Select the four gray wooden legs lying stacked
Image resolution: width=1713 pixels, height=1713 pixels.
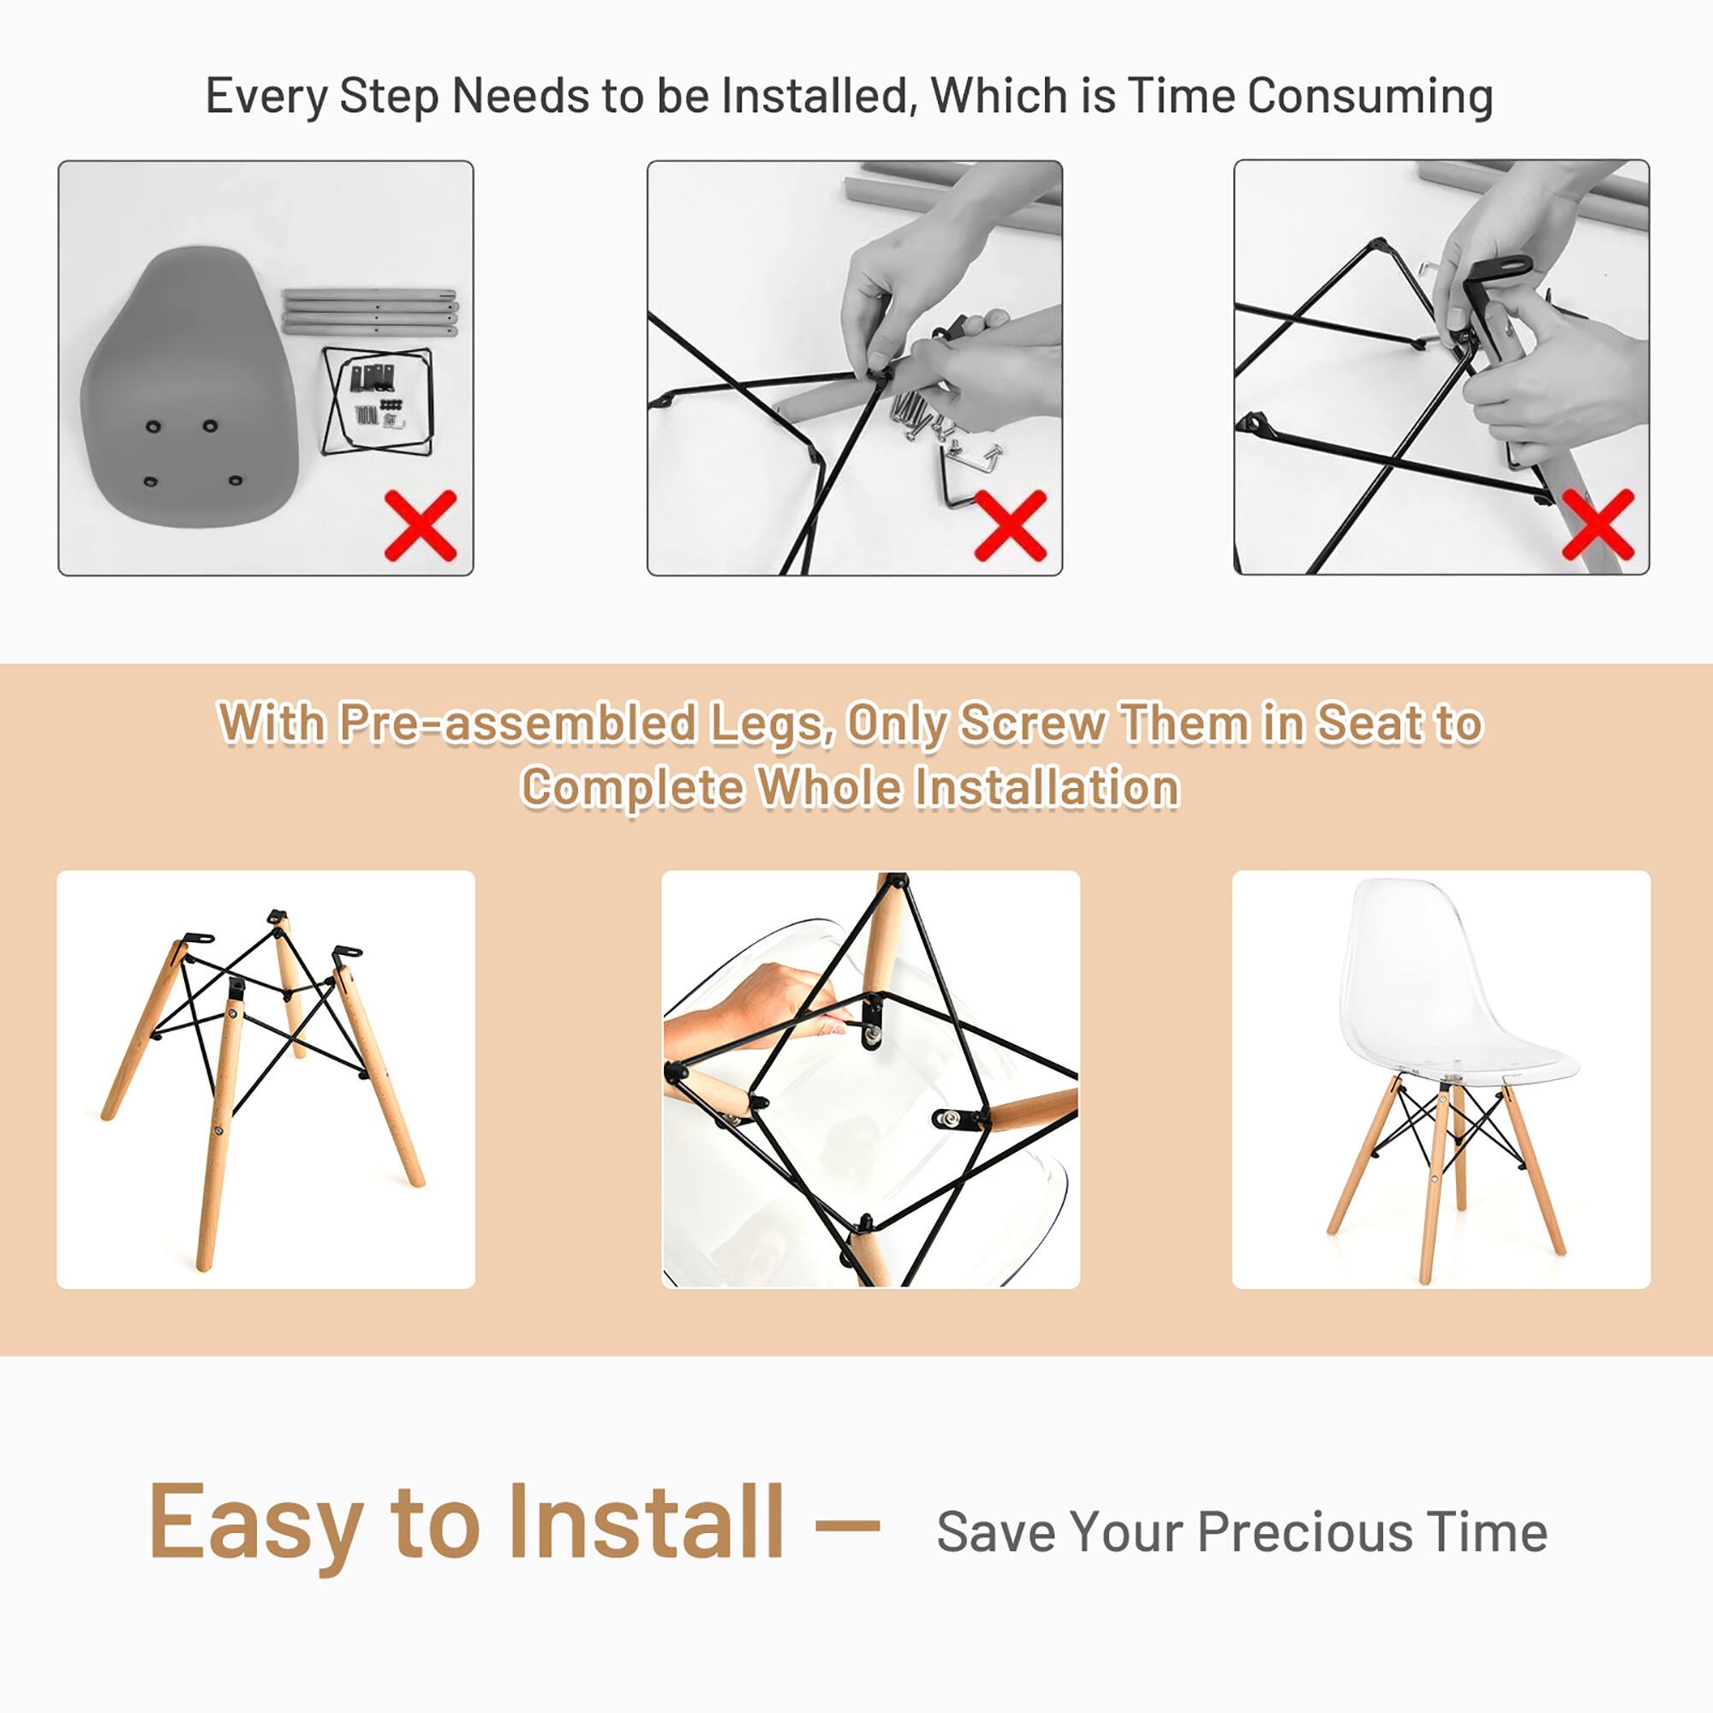370,311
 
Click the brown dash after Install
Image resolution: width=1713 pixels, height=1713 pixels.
847,1526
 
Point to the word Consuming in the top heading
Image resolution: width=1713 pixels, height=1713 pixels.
1370,96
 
